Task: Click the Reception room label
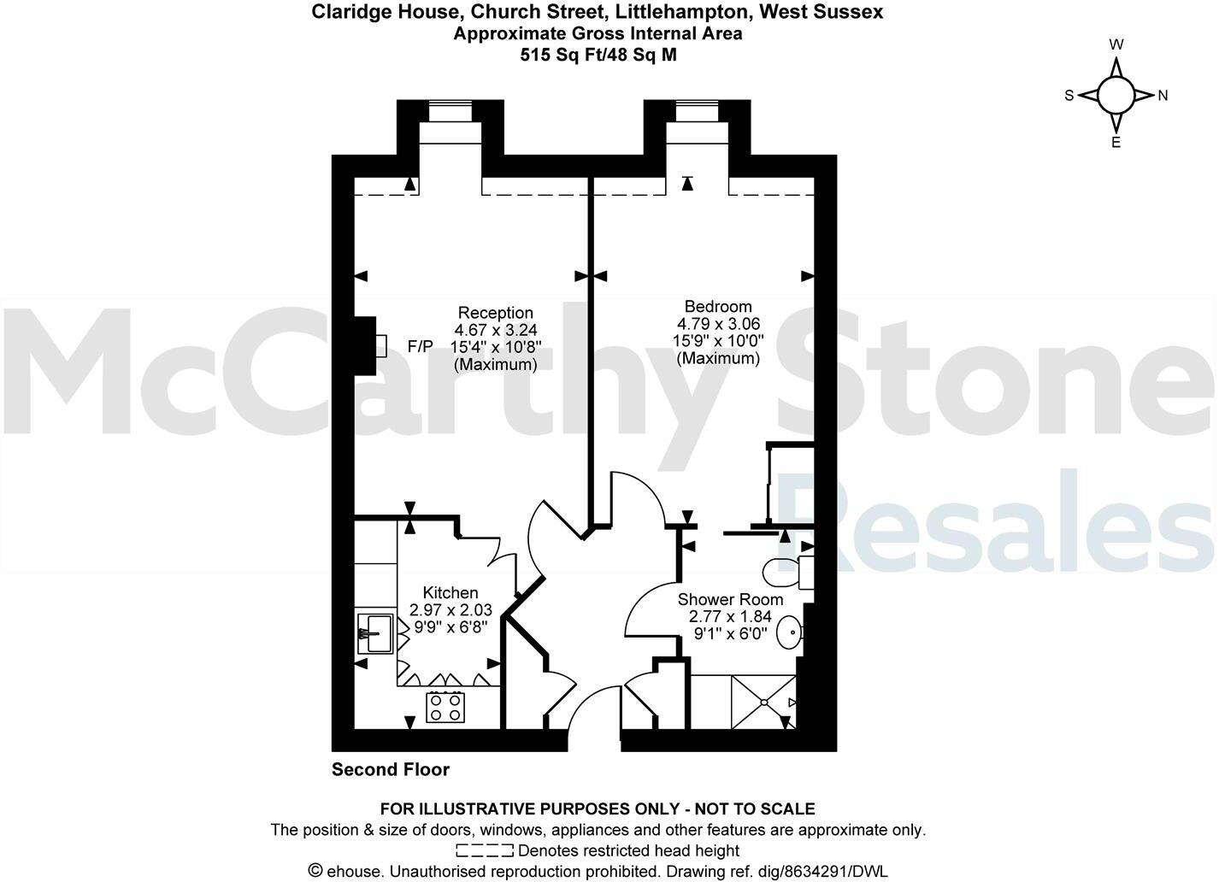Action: pyautogui.click(x=495, y=313)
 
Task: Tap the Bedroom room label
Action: pyautogui.click(x=718, y=307)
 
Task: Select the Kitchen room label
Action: pyautogui.click(x=451, y=593)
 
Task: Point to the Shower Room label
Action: pyautogui.click(x=730, y=599)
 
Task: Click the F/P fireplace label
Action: pyautogui.click(x=421, y=347)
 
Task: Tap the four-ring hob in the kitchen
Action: pyautogui.click(x=445, y=707)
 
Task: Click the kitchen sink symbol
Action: pyautogui.click(x=374, y=634)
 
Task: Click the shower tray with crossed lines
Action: pyautogui.click(x=763, y=702)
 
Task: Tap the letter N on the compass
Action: pyautogui.click(x=1163, y=96)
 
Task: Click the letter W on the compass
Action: pyautogui.click(x=1116, y=44)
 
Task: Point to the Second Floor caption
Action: pyautogui.click(x=391, y=770)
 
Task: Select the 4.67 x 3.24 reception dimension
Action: pyautogui.click(x=496, y=329)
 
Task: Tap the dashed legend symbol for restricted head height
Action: pyautogui.click(x=485, y=850)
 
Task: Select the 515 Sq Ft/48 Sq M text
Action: pyautogui.click(x=598, y=56)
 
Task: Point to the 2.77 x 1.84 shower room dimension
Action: pyautogui.click(x=730, y=616)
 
